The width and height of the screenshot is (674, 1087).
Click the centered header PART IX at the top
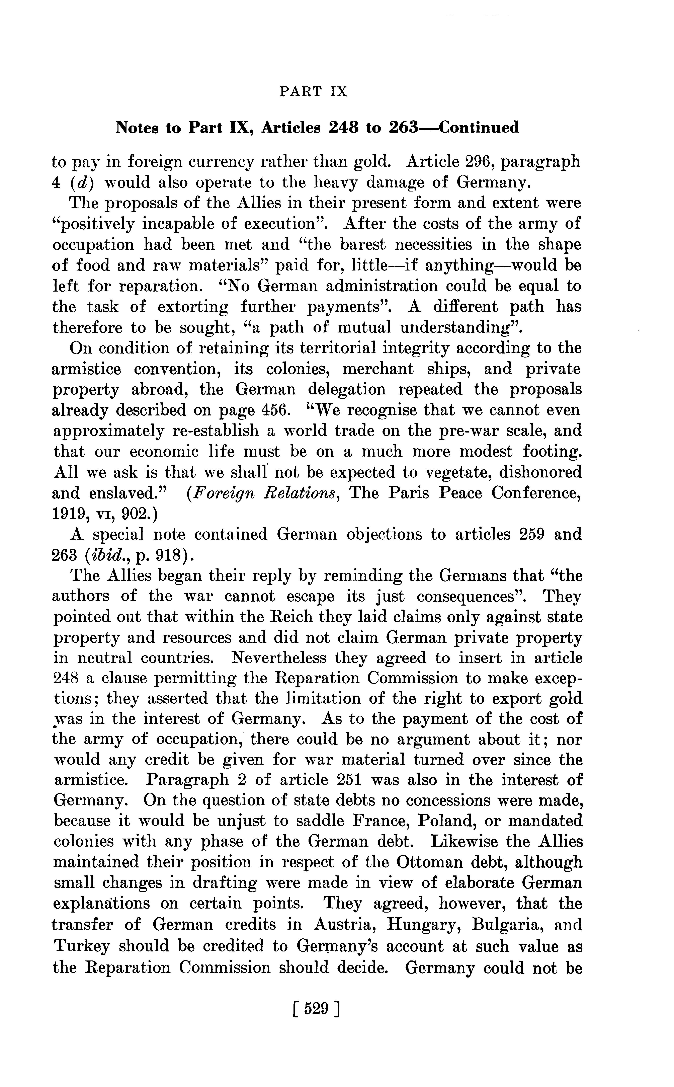(x=313, y=92)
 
